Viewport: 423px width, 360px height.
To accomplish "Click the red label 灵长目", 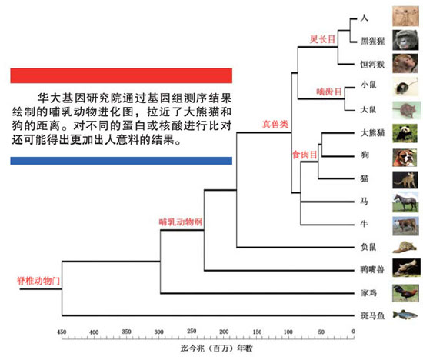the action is pos(322,39).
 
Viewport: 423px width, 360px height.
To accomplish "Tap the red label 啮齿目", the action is pos(329,92).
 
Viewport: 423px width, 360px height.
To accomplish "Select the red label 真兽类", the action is pos(275,124).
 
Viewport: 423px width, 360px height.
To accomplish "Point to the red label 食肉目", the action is pos(305,155).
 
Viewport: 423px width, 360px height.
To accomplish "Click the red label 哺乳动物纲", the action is pos(181,222).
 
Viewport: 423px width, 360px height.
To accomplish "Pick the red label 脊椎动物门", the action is pos(38,281).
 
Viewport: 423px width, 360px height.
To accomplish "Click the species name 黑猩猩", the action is pos(372,41).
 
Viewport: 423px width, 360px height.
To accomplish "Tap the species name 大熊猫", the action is pos(372,133).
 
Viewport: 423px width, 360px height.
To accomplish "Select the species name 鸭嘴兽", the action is pos(372,269).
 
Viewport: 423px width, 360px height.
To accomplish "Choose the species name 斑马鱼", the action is pos(372,315).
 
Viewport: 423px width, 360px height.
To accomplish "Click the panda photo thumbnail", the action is pos(405,133).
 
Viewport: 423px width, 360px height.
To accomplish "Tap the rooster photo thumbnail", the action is pos(405,293).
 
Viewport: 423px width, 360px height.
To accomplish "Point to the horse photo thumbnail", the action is pos(405,202).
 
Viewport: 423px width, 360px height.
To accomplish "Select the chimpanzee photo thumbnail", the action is pos(405,40).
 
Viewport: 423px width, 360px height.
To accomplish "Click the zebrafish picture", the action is pos(405,315).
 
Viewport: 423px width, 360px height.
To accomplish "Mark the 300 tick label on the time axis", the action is pos(158,332).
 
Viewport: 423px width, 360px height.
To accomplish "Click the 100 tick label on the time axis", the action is pos(288,332).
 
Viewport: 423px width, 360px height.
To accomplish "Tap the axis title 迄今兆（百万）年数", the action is pos(216,348).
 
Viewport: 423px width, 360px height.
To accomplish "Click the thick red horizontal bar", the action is pos(121,75).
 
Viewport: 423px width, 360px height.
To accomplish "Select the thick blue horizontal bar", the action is pos(121,161).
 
